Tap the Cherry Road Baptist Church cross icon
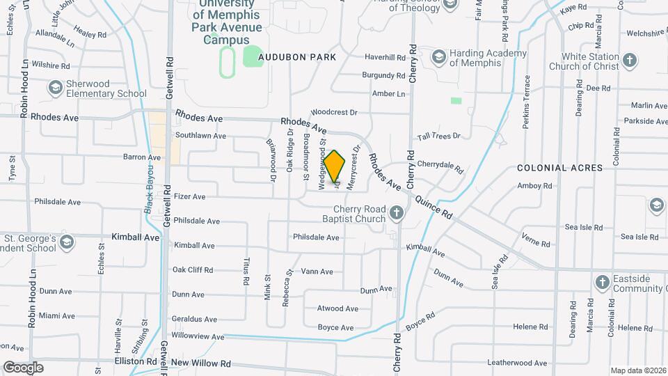tap(397, 212)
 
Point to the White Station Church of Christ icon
tap(630, 61)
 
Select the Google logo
tap(23, 367)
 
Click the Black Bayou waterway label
tap(149, 190)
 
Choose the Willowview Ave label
tap(198, 336)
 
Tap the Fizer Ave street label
tap(190, 197)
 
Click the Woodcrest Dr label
tap(333, 112)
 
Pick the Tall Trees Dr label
tap(438, 136)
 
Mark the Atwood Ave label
tap(337, 308)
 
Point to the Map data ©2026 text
tap(637, 370)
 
